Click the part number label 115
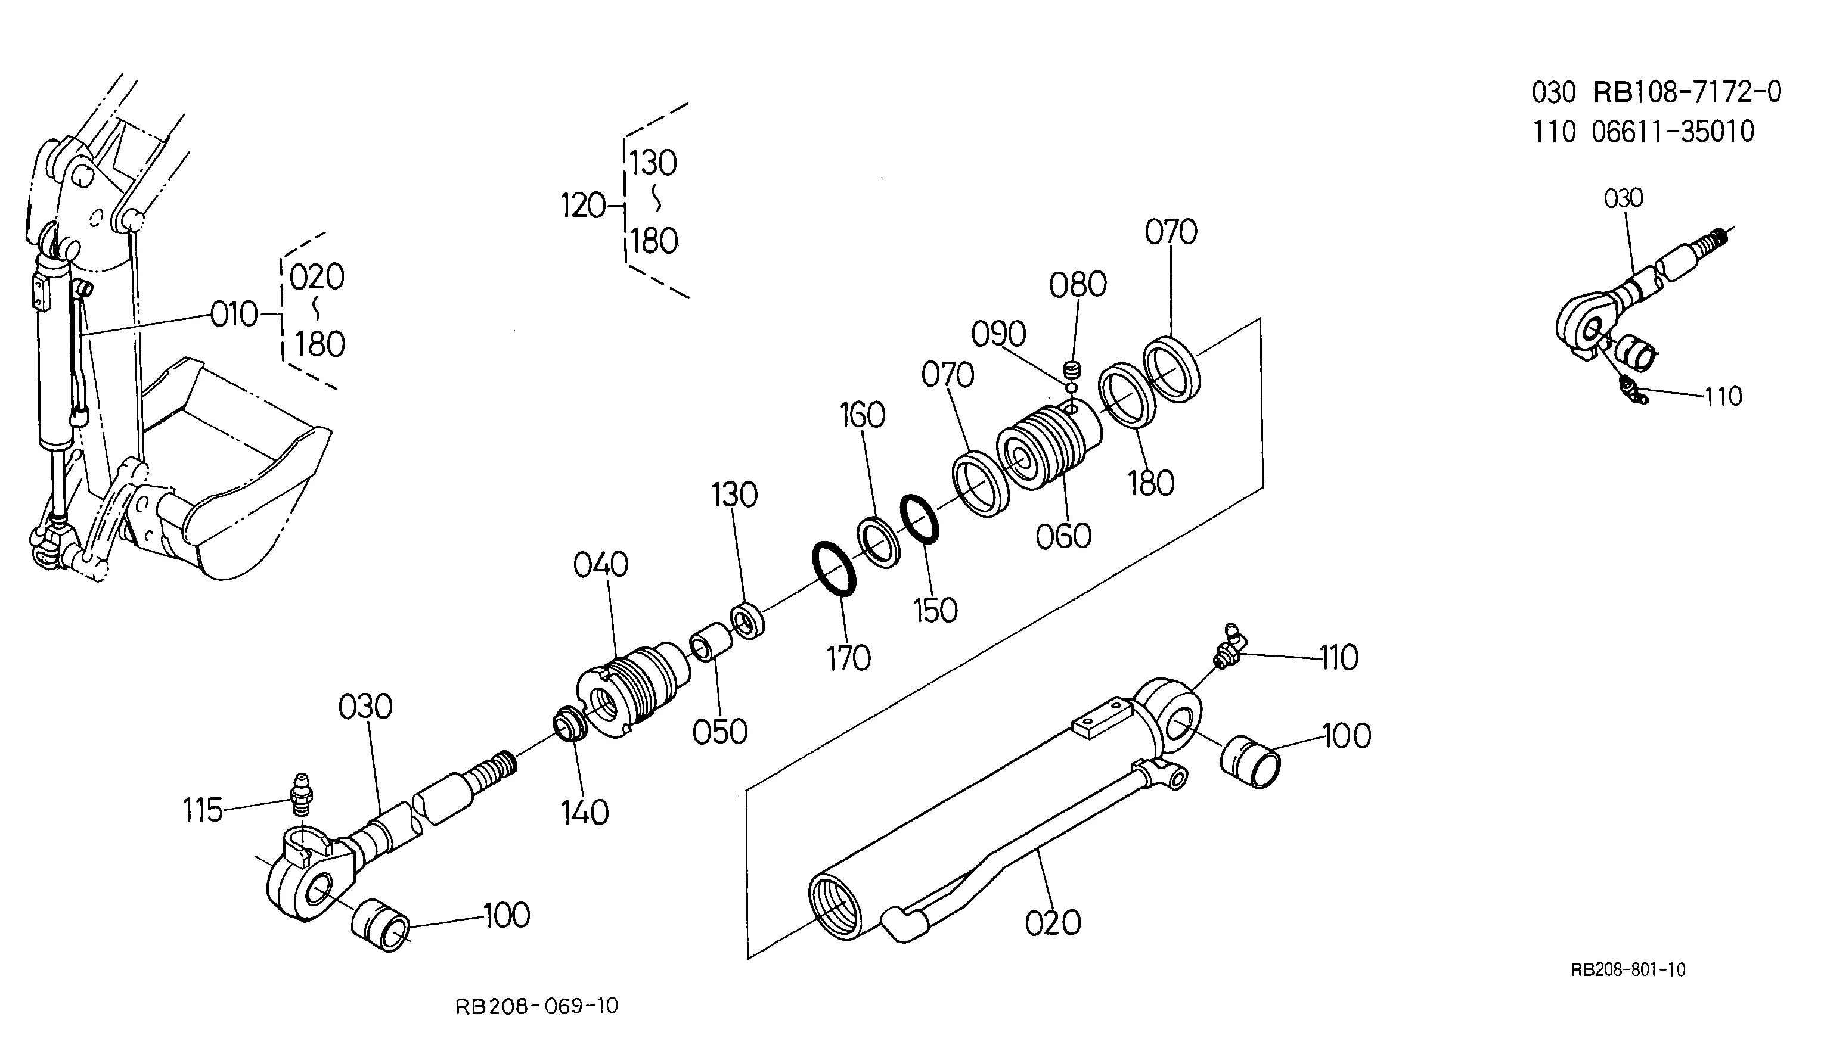202,811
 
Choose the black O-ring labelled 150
920,518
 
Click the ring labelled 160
879,542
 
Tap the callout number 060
1063,536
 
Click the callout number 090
998,334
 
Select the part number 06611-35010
1673,132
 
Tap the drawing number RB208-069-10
537,1006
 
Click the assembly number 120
584,206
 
